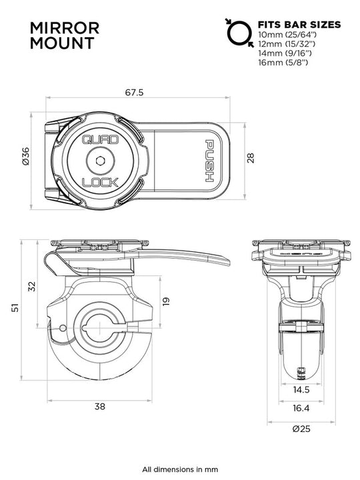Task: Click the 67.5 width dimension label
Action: (x=134, y=93)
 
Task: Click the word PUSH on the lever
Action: (x=209, y=161)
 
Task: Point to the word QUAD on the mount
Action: (x=99, y=139)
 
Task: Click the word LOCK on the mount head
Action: (x=99, y=182)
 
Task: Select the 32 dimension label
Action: (x=31, y=285)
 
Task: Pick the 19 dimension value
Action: (x=167, y=301)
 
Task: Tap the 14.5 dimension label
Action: (x=301, y=389)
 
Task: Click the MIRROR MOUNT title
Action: (x=65, y=36)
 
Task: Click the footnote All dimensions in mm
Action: (x=179, y=469)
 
